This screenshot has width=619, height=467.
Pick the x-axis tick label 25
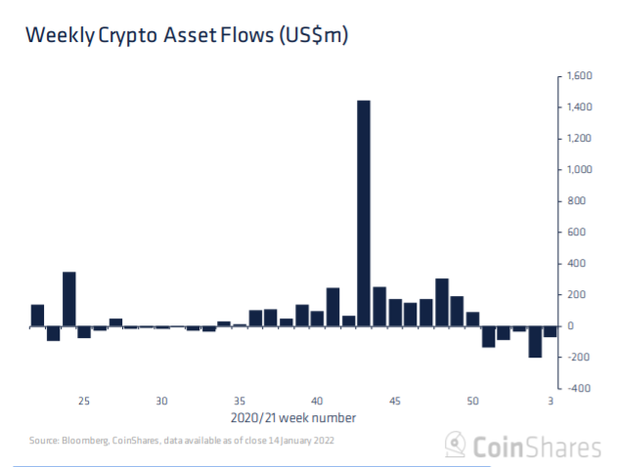coord(84,401)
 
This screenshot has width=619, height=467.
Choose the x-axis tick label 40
coord(317,401)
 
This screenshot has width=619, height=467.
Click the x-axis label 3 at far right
coord(551,401)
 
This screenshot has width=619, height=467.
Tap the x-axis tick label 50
coord(472,401)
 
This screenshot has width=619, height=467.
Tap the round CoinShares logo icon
coord(456,446)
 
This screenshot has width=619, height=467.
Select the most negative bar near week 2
coord(535,342)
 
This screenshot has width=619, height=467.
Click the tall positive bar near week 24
coord(68,299)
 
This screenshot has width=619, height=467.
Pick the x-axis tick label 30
coord(162,401)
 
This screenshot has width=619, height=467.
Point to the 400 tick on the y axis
coord(573,264)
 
